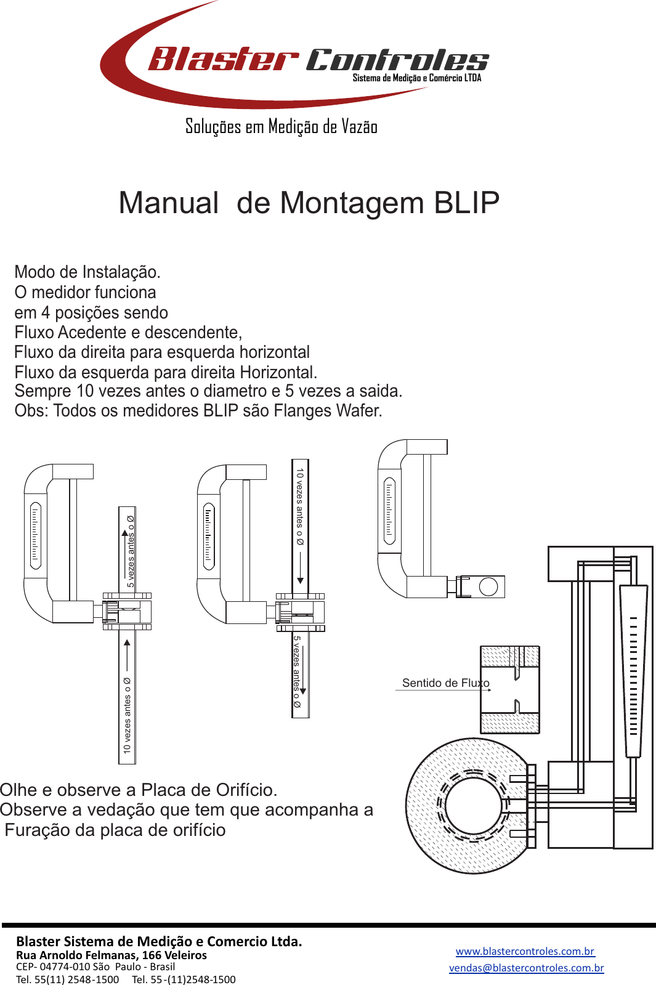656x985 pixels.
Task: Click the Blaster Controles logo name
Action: [x=317, y=60]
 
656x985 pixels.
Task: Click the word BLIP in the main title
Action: [x=466, y=203]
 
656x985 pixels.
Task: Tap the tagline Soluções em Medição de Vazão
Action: [x=281, y=127]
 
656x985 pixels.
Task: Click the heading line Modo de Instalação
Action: [x=87, y=272]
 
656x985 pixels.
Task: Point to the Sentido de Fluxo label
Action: [x=445, y=683]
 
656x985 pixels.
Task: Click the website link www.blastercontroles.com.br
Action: [x=525, y=951]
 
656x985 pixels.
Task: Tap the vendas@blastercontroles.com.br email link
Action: [x=526, y=968]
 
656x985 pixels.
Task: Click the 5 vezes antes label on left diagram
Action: [x=130, y=551]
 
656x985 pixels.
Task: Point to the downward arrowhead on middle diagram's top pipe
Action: [x=301, y=580]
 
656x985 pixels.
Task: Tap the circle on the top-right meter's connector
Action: [x=488, y=586]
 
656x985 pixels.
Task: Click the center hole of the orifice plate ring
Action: [x=473, y=805]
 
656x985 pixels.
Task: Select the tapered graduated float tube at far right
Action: [x=633, y=671]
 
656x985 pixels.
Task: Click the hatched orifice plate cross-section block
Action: [x=509, y=689]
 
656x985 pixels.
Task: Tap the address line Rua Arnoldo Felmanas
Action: [x=111, y=955]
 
